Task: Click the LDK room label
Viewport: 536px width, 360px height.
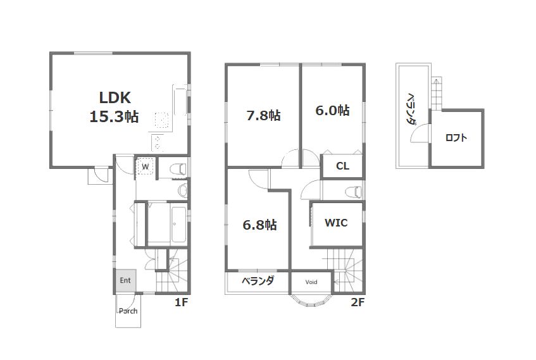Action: (x=115, y=98)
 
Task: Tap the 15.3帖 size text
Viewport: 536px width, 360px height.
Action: (x=114, y=116)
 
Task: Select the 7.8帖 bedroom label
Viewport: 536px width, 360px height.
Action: (x=263, y=116)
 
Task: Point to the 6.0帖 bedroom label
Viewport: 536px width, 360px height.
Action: (x=332, y=111)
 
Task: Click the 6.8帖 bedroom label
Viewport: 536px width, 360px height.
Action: (x=260, y=225)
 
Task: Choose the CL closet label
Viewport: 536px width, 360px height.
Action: (x=342, y=166)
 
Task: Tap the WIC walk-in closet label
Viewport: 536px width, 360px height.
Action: (x=336, y=223)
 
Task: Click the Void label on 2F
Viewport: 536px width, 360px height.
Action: (x=311, y=282)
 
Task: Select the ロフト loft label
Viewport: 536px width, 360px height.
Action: (x=456, y=138)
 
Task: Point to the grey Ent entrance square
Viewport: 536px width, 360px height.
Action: (x=125, y=281)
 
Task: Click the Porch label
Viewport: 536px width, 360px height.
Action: (x=128, y=311)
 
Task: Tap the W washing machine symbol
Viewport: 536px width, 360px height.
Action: (x=146, y=166)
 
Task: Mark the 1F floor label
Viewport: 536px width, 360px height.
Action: (x=181, y=302)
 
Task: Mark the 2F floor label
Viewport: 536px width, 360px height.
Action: (x=358, y=302)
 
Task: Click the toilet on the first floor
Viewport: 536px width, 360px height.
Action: (x=178, y=169)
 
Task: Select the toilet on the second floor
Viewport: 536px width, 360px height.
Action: (x=354, y=192)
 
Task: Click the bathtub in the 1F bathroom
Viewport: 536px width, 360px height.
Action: (x=178, y=224)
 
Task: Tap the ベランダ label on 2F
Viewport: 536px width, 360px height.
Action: (x=258, y=281)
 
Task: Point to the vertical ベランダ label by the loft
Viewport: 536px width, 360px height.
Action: (x=411, y=108)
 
